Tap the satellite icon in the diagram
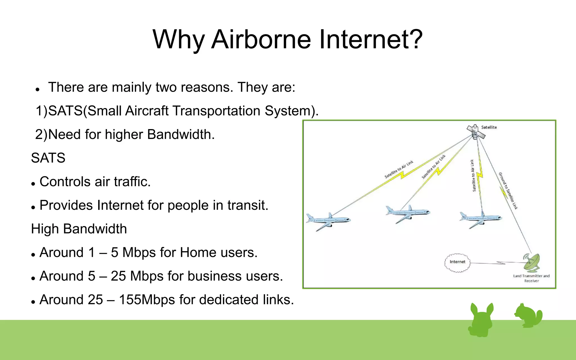(476, 132)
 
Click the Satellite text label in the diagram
(489, 127)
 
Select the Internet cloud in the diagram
(457, 262)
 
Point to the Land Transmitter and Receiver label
(531, 278)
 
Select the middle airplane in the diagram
(408, 213)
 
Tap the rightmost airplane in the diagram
(481, 219)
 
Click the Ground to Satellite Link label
(508, 191)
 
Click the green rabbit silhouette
(481, 319)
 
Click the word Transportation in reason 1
(216, 111)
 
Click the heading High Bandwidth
(79, 229)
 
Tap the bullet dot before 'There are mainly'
(37, 90)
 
